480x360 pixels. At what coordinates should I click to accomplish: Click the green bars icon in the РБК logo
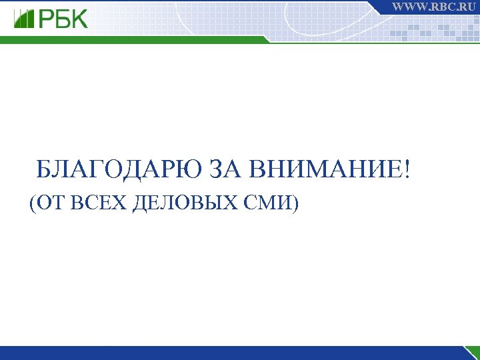click(x=25, y=19)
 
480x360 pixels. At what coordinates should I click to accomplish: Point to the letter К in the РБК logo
click(x=79, y=19)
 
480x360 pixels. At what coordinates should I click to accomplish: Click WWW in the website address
click(x=406, y=7)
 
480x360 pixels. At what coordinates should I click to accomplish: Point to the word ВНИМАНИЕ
click(x=325, y=171)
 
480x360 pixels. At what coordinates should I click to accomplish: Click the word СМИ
click(x=267, y=203)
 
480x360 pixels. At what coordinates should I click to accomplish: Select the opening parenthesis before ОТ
click(x=33, y=204)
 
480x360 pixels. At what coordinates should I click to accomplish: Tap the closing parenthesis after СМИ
click(x=295, y=204)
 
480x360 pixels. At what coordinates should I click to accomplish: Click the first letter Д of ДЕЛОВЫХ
click(x=141, y=204)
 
